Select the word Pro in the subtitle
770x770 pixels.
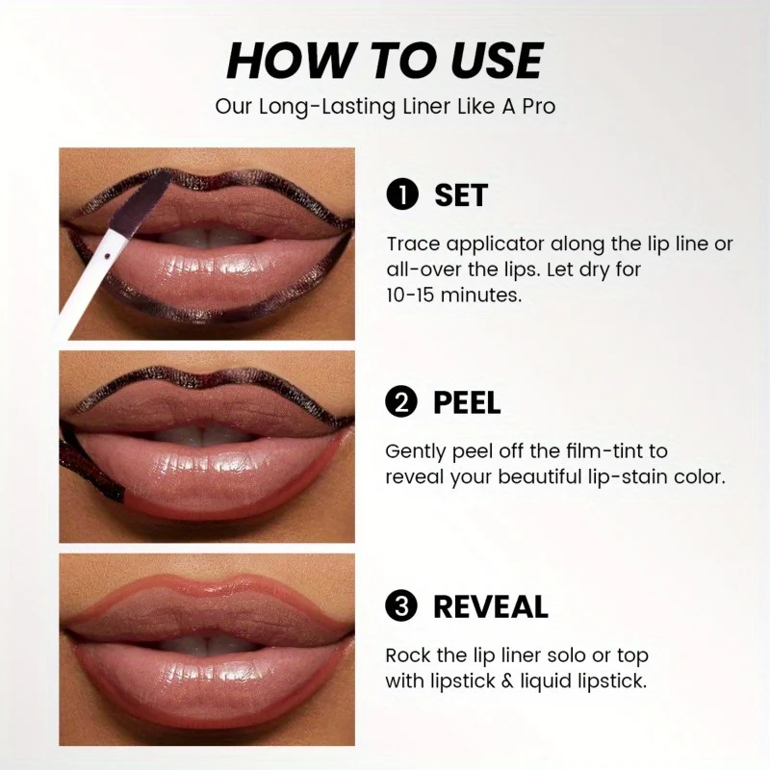(x=539, y=107)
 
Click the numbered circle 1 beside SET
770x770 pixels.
(x=402, y=195)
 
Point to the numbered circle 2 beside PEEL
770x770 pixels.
(x=401, y=402)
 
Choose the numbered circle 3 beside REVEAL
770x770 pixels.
(x=401, y=606)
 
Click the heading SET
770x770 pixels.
(x=461, y=195)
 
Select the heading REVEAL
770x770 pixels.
(x=491, y=607)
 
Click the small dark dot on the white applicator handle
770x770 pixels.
(x=107, y=255)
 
